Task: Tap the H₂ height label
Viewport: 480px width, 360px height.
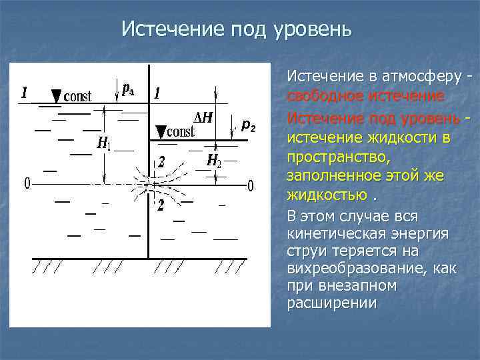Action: tap(213, 160)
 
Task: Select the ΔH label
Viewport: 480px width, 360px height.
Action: tap(203, 118)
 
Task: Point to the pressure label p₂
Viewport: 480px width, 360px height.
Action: tap(248, 124)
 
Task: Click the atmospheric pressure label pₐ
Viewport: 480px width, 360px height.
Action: tap(129, 87)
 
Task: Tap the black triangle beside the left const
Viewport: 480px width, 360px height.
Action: tap(56, 95)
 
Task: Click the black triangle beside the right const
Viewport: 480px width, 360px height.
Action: tap(161, 129)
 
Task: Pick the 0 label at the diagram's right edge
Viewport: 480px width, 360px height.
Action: tap(250, 185)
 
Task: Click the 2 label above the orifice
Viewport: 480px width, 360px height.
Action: tap(161, 161)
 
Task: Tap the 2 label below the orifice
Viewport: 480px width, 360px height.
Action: tap(160, 205)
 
